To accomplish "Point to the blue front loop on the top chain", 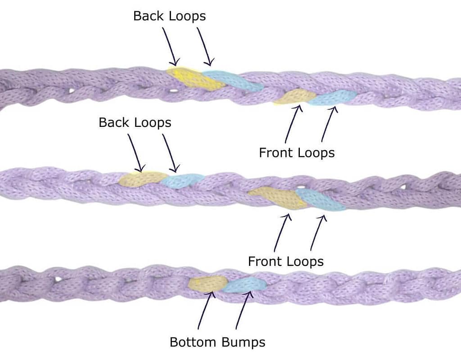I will pos(333,97).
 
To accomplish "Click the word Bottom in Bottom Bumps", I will pos(192,342).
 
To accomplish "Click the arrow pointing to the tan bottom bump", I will pos(205,310).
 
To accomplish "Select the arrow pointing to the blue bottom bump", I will pos(243,310).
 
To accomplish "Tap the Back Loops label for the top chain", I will pos(169,16).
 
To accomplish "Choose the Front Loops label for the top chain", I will pos(297,153).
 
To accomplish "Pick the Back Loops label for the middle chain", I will pos(135,122).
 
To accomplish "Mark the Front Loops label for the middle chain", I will pos(286,261).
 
